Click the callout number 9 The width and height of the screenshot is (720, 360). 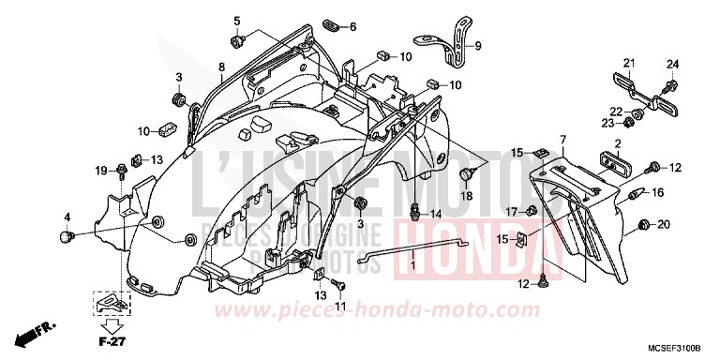477,46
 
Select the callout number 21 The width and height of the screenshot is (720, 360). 630,63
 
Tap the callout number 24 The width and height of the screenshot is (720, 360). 670,64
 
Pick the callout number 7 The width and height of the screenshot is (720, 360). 562,140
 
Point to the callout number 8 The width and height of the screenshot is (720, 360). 221,67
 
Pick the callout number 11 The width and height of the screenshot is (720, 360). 340,307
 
